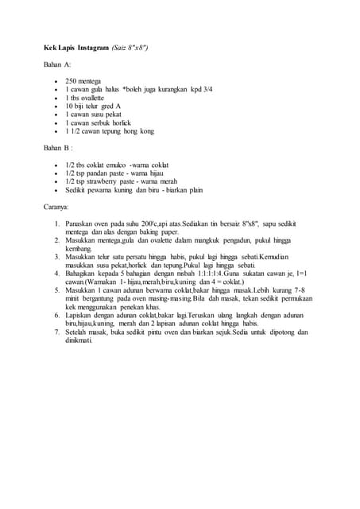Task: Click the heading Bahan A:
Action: pos(56,63)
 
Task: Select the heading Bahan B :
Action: pos(57,147)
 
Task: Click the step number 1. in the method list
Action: pos(57,224)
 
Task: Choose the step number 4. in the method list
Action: pos(57,273)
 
